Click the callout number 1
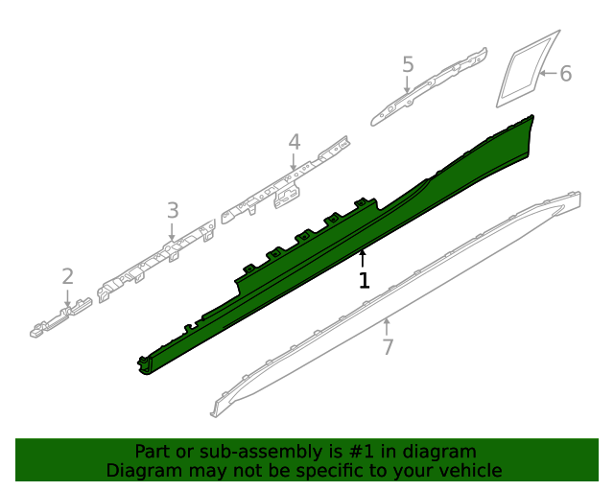click(x=364, y=281)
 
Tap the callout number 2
click(x=67, y=277)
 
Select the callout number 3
click(x=173, y=210)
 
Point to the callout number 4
click(x=295, y=143)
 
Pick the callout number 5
click(x=408, y=65)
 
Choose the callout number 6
click(x=565, y=74)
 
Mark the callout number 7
click(x=388, y=347)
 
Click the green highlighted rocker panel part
click(x=317, y=259)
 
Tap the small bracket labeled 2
click(x=59, y=319)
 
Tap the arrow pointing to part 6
click(x=547, y=73)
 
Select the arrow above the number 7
click(x=387, y=326)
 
